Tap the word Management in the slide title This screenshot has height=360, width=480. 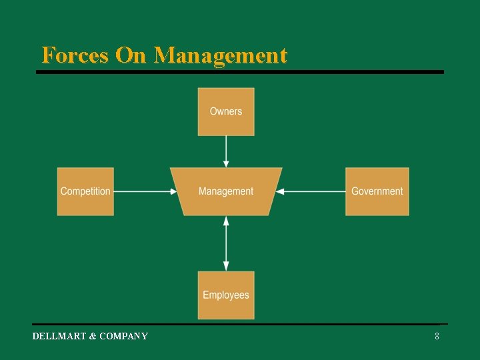221,55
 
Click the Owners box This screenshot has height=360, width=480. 226,111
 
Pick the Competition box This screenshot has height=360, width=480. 85,191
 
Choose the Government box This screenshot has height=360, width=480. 377,191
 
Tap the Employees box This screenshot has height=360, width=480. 226,295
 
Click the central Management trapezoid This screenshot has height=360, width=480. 226,191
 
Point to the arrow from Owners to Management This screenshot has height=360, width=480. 226,151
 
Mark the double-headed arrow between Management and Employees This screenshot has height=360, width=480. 226,243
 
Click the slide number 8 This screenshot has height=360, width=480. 437,336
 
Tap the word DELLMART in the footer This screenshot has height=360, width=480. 59,336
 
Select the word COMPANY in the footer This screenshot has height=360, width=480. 123,336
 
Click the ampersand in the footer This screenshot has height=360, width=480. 93,336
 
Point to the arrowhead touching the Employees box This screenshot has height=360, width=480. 226,266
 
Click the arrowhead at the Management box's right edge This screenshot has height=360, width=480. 280,191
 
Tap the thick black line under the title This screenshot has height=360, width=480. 240,72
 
